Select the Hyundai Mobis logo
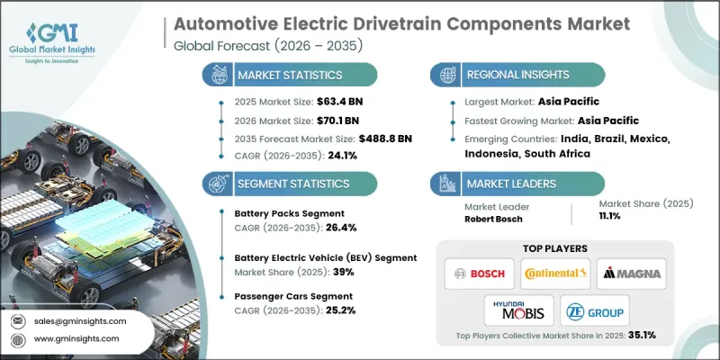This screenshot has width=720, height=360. coord(516,310)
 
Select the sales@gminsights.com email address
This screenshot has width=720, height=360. coord(79,321)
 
